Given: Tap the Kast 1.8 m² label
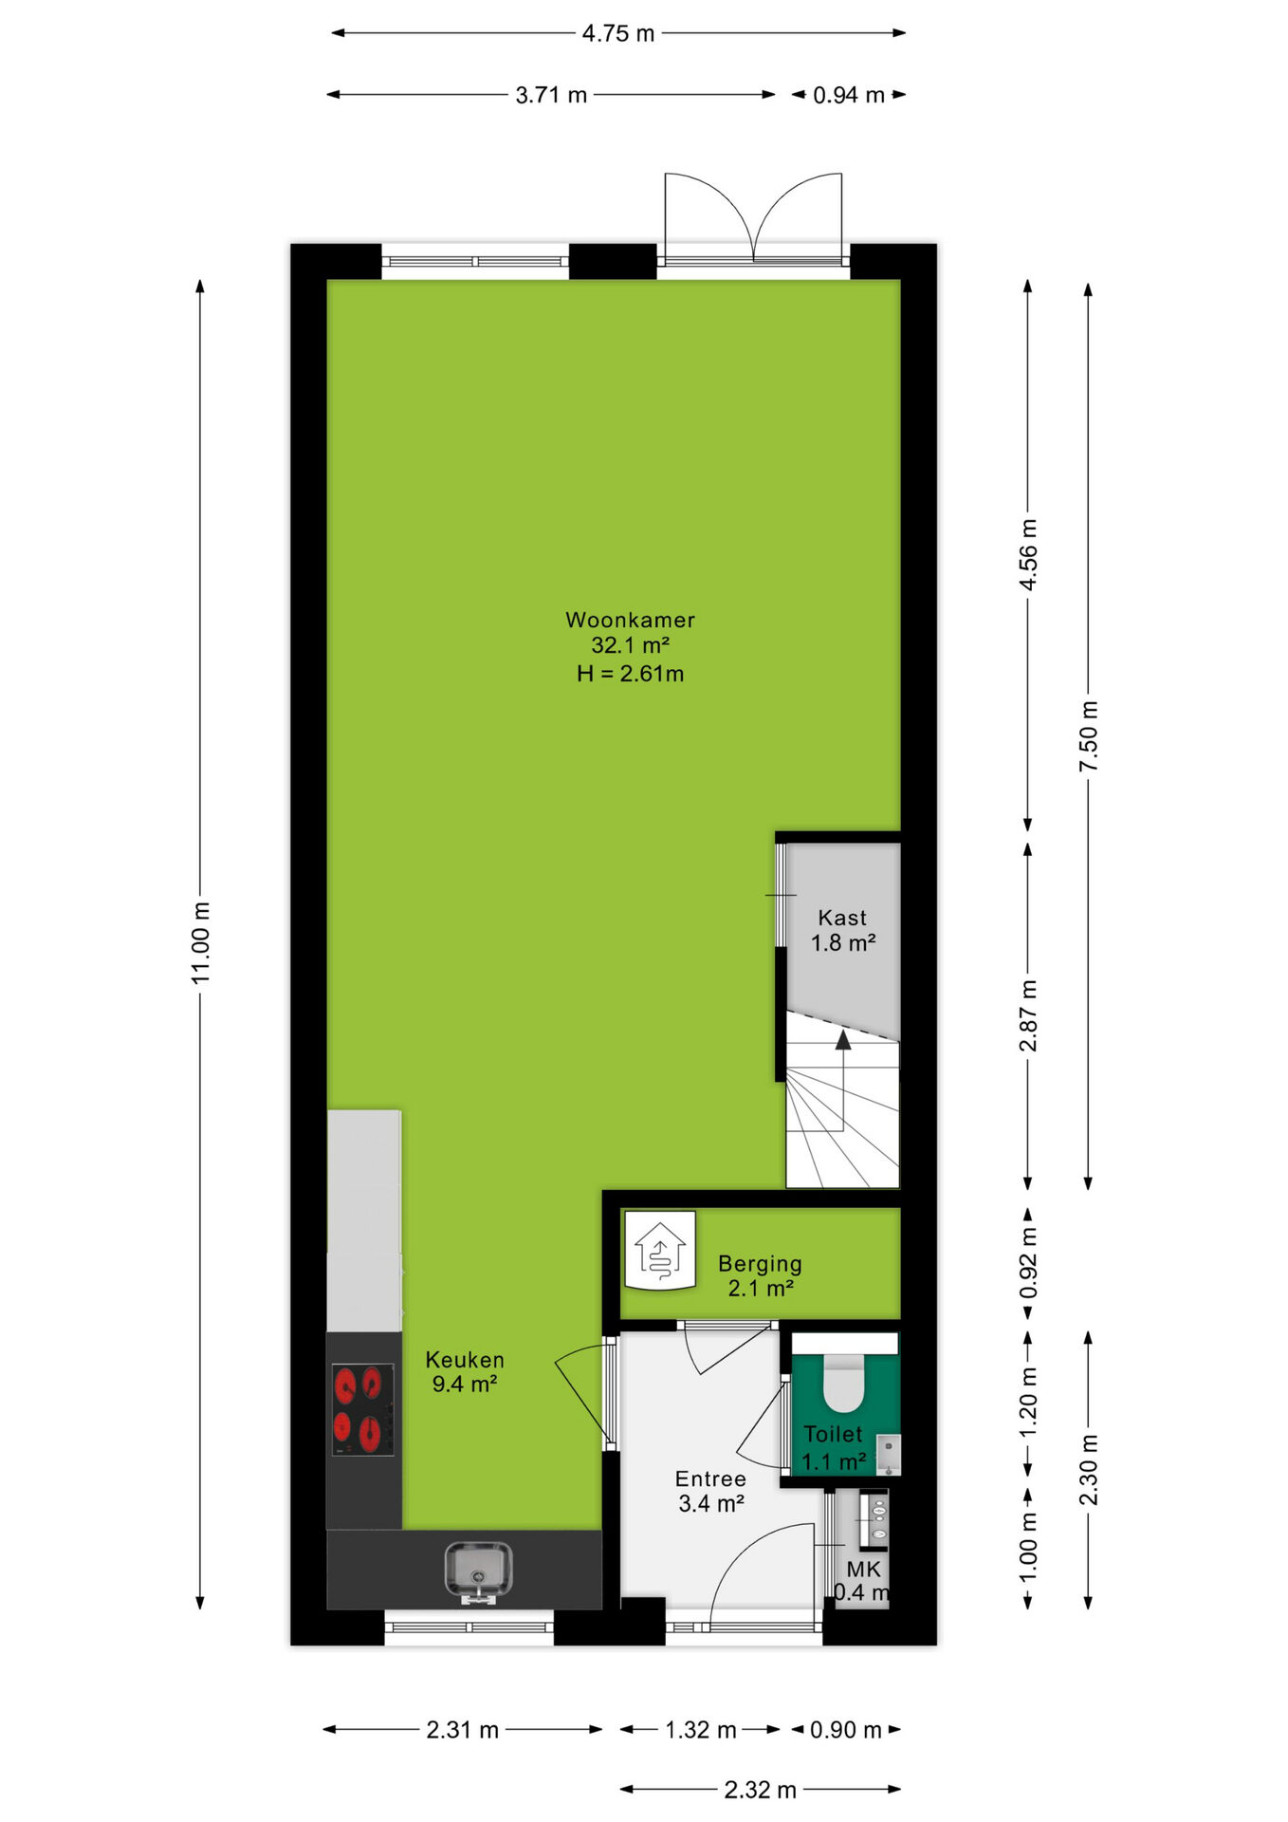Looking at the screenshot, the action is pyautogui.click(x=842, y=930).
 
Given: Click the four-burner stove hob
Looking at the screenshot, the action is pyautogui.click(x=362, y=1409).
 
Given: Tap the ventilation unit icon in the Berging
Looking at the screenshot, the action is pyautogui.click(x=660, y=1251).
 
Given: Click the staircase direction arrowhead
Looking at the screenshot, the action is pyautogui.click(x=842, y=1040).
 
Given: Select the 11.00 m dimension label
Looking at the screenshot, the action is pyautogui.click(x=201, y=942).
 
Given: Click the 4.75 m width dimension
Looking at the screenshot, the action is pyautogui.click(x=618, y=33).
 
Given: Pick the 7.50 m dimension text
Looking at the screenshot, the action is pyautogui.click(x=1089, y=735).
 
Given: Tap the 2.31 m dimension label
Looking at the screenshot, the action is pyautogui.click(x=463, y=1730).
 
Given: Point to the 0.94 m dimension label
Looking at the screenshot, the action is pyautogui.click(x=849, y=95).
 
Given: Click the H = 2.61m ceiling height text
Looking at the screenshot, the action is pyautogui.click(x=630, y=674).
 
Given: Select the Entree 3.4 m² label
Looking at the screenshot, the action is pyautogui.click(x=710, y=1491).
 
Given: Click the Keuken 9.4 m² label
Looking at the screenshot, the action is pyautogui.click(x=465, y=1371).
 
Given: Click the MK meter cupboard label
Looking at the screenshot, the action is pyautogui.click(x=864, y=1570).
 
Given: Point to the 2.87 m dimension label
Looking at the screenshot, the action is pyautogui.click(x=1028, y=1015).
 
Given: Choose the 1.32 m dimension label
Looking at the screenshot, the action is pyautogui.click(x=701, y=1730).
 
